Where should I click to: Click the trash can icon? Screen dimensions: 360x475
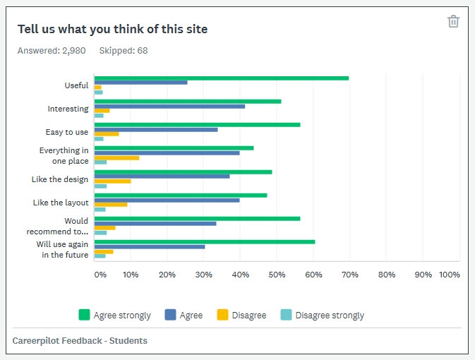pyautogui.click(x=453, y=21)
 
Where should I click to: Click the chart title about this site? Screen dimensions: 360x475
pyautogui.click(x=112, y=29)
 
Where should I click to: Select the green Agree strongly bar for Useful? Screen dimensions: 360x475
pyautogui.click(x=222, y=78)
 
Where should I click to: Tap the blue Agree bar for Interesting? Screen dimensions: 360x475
pyautogui.click(x=169, y=106)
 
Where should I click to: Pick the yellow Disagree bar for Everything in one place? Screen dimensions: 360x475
pyautogui.click(x=116, y=157)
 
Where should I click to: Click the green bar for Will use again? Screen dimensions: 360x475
pyautogui.click(x=205, y=241)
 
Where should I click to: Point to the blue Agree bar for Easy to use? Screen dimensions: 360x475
pyautogui.click(x=156, y=129)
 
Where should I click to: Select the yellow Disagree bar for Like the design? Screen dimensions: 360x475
pyautogui.click(x=113, y=181)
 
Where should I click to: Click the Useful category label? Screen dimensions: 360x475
pyautogui.click(x=76, y=85)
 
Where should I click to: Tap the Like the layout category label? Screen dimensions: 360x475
pyautogui.click(x=61, y=203)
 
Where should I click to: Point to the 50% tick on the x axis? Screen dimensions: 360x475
pyautogui.click(x=277, y=275)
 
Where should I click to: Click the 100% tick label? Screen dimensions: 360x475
pyautogui.click(x=450, y=275)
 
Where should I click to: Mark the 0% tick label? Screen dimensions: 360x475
pyautogui.click(x=100, y=275)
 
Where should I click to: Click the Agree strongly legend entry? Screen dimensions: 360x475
pyautogui.click(x=114, y=316)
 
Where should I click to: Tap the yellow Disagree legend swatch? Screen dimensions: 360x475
pyautogui.click(x=222, y=316)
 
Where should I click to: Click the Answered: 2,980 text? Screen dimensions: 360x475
pyautogui.click(x=52, y=51)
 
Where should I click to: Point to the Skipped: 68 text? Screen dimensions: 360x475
pyautogui.click(x=124, y=51)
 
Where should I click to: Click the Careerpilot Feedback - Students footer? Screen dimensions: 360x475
pyautogui.click(x=80, y=341)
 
